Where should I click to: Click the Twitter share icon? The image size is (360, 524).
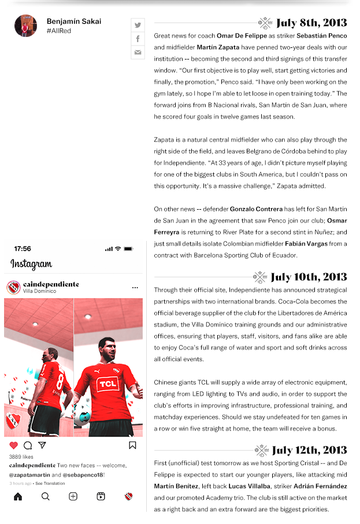tap(138, 25)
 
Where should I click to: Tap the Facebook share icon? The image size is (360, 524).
tap(138, 39)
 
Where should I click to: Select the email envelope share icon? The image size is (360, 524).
tap(138, 53)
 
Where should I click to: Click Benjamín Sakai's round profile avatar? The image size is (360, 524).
tap(25, 26)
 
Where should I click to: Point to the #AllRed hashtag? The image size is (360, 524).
tap(59, 31)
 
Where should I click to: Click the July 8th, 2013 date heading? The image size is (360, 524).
tap(311, 23)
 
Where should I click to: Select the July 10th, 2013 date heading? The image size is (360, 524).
tap(309, 277)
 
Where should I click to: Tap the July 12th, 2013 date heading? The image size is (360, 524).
tap(309, 450)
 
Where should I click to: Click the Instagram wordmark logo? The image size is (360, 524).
tap(31, 265)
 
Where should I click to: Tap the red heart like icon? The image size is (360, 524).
tap(14, 445)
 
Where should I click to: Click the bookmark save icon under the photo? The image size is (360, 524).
tap(132, 445)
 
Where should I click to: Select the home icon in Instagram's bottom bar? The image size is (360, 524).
tap(18, 496)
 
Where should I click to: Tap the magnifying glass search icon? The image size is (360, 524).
tap(46, 496)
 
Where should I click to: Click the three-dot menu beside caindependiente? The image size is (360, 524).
tap(135, 288)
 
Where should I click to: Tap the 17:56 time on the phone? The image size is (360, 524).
tap(23, 248)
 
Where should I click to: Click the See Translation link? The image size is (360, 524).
tap(50, 483)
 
